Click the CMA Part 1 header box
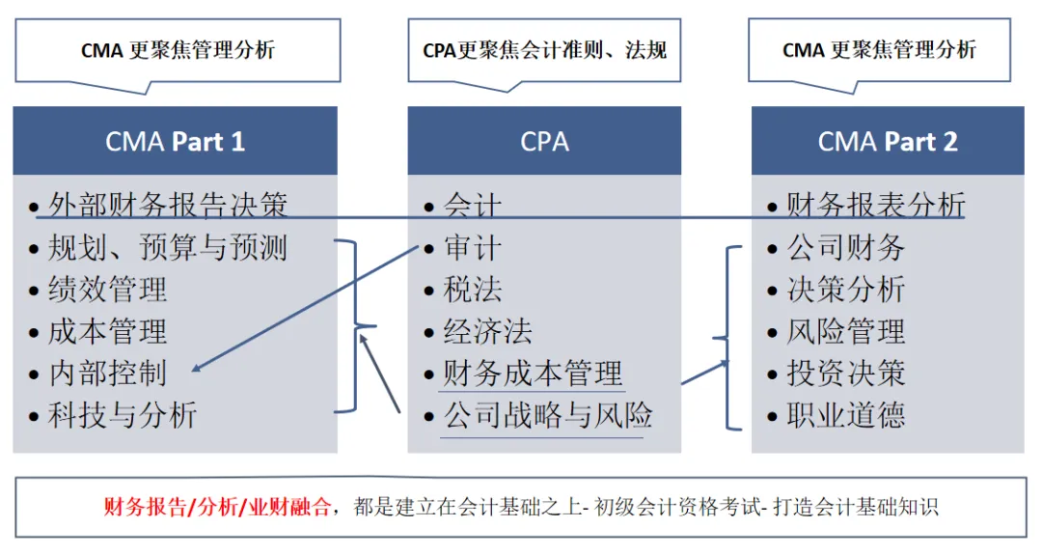pos(175,141)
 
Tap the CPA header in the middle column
pos(544,141)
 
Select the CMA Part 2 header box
pos(888,141)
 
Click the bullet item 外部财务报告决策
pos(167,205)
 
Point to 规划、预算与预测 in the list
pos(167,248)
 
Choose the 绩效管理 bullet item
pos(107,290)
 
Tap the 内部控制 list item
pos(107,374)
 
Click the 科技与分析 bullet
pos(123,415)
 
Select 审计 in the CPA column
pos(473,248)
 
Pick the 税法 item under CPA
pos(473,290)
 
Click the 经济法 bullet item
pos(487,332)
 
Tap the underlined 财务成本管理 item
pos(533,374)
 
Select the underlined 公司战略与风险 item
pos(547,415)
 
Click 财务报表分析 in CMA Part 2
pos(875,205)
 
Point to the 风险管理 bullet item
pos(846,332)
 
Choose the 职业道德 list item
pos(846,415)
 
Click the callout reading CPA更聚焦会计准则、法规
pos(544,50)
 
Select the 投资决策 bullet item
pos(846,374)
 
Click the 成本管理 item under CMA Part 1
pos(107,332)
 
